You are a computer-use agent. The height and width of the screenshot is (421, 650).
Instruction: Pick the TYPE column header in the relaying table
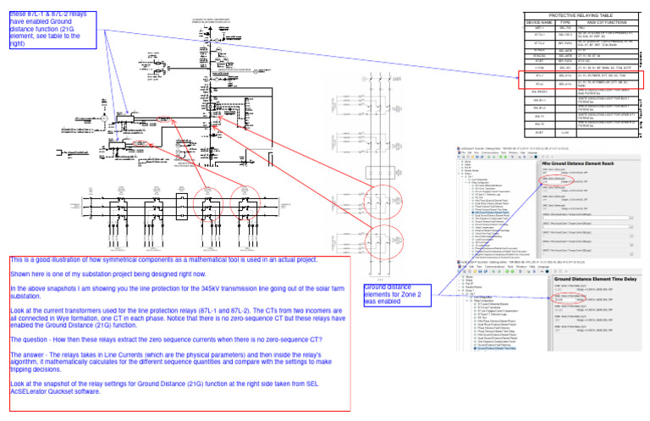pyautogui.click(x=565, y=23)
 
